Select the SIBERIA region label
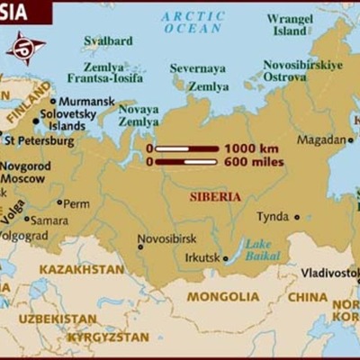click(x=215, y=195)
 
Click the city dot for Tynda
click(x=296, y=217)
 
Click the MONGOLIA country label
click(x=222, y=296)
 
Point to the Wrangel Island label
click(x=290, y=24)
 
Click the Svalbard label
click(x=108, y=40)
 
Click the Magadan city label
click(x=320, y=140)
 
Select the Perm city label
click(x=76, y=203)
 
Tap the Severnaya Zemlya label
click(x=200, y=77)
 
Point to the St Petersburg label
click(x=39, y=140)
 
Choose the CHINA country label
click(x=308, y=296)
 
